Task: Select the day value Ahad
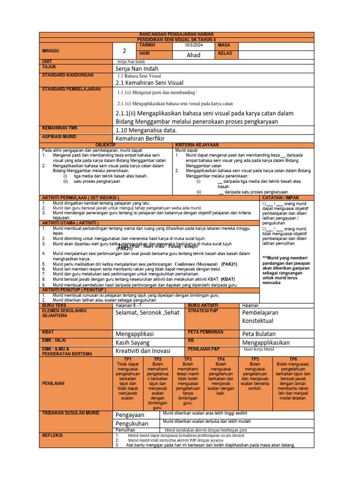pyautogui.click(x=193, y=55)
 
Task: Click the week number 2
pyautogui.click(x=125, y=51)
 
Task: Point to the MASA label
pyautogui.click(x=225, y=45)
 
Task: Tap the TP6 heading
pyautogui.click(x=293, y=358)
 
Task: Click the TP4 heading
pyautogui.click(x=221, y=358)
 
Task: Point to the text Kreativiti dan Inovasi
pyautogui.click(x=143, y=351)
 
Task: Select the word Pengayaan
pyautogui.click(x=130, y=415)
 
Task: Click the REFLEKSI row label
pyautogui.click(x=52, y=435)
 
